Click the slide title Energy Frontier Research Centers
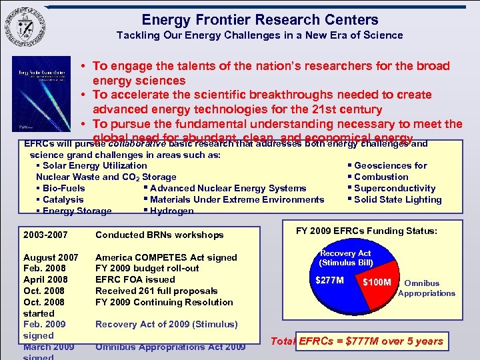pyautogui.click(x=259, y=20)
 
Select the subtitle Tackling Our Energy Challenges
pyautogui.click(x=259, y=35)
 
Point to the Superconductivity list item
pyautogui.click(x=394, y=188)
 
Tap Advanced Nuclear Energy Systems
pyautogui.click(x=227, y=188)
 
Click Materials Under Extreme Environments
pyautogui.click(x=237, y=199)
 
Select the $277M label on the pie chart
pyautogui.click(x=330, y=280)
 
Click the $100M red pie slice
pyautogui.click(x=377, y=283)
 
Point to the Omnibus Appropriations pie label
pyautogui.click(x=427, y=288)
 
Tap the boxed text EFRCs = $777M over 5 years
pyautogui.click(x=370, y=341)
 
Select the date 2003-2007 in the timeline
pyautogui.click(x=45, y=235)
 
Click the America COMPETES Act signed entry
pyautogui.click(x=166, y=257)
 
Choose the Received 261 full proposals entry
pyautogui.click(x=157, y=291)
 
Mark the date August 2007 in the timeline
pyautogui.click(x=51, y=257)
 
